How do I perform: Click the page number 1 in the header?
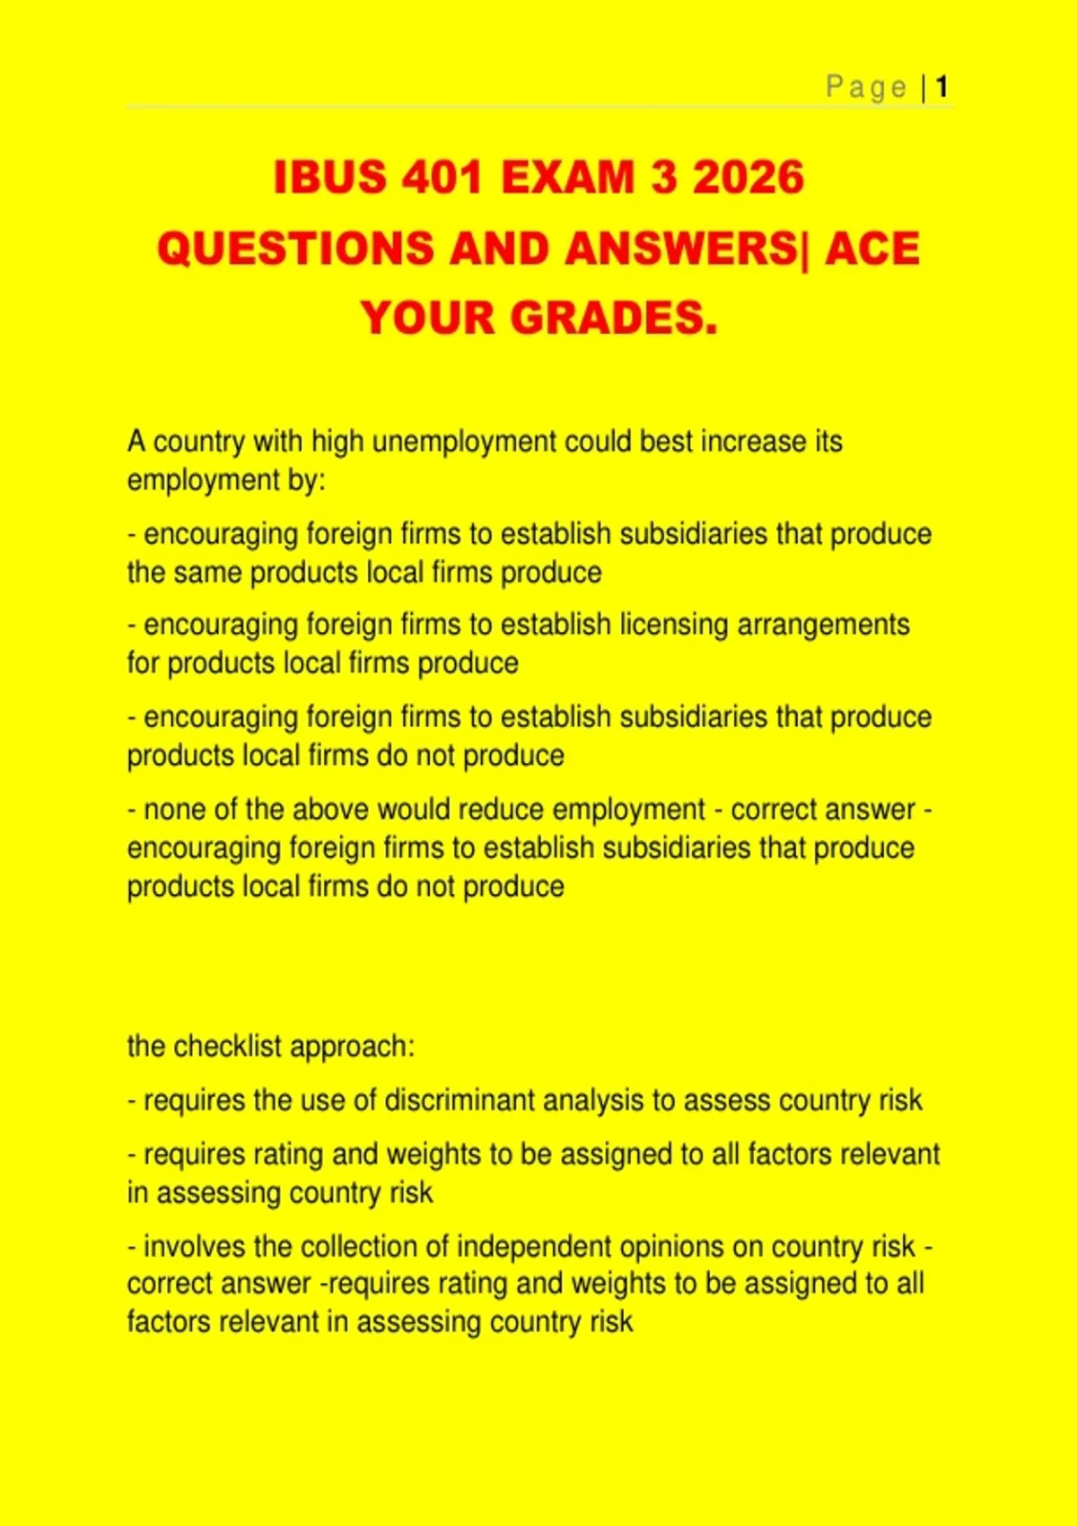pyautogui.click(x=941, y=87)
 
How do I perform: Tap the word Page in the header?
pyautogui.click(x=866, y=87)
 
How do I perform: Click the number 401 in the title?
pyautogui.click(x=442, y=177)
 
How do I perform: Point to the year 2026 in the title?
pyautogui.click(x=749, y=177)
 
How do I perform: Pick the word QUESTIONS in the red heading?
pyautogui.click(x=294, y=249)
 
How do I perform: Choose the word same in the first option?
pyautogui.click(x=209, y=573)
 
